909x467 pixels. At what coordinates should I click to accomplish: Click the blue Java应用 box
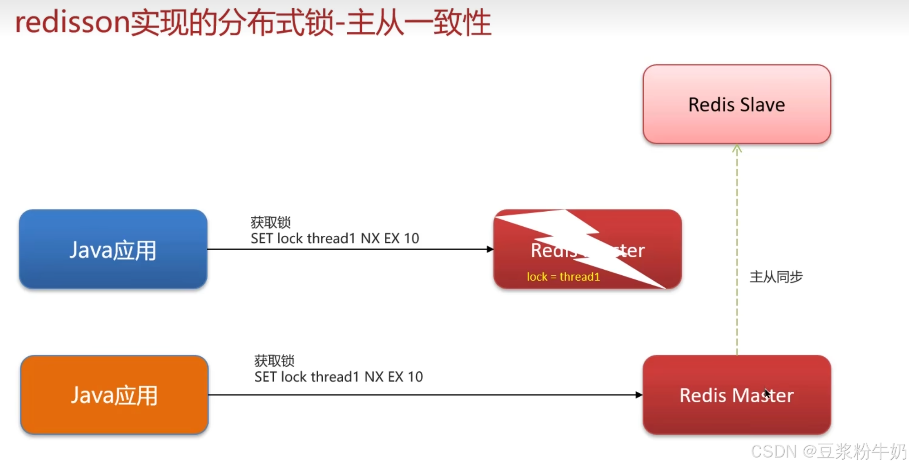113,249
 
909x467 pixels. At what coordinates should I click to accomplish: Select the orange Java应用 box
114,394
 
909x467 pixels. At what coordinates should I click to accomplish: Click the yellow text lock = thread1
563,277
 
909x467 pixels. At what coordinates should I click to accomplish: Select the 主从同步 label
776,277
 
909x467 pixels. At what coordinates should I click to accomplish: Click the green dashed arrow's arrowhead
737,149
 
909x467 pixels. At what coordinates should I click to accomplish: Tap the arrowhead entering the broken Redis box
490,249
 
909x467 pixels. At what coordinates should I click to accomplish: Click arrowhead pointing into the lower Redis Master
639,395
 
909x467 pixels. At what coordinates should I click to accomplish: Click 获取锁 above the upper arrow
270,222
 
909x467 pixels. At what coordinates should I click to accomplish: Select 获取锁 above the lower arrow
274,360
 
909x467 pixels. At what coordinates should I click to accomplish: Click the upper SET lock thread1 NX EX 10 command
335,238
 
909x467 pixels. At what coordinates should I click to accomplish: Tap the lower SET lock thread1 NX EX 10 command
338,377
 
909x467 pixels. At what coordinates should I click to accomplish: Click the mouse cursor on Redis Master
766,393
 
